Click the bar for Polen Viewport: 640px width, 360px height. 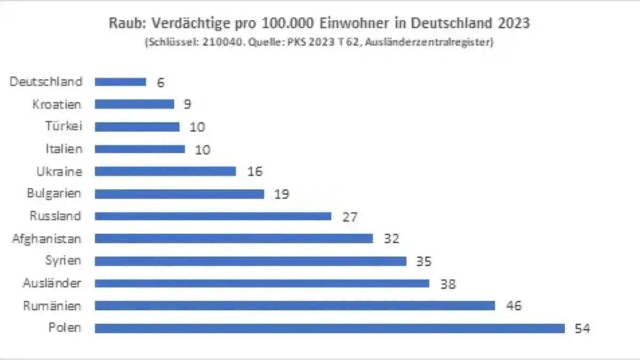(x=330, y=328)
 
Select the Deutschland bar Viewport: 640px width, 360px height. (x=121, y=82)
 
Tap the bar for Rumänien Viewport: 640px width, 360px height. (x=295, y=306)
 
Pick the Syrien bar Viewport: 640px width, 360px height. (x=251, y=261)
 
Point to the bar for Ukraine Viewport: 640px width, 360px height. (x=165, y=171)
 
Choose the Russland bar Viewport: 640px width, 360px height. (x=213, y=216)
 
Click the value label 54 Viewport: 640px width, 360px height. (x=583, y=329)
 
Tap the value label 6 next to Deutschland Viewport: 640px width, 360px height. (x=161, y=82)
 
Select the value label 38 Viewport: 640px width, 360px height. (x=449, y=284)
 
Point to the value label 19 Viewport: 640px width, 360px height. (x=282, y=194)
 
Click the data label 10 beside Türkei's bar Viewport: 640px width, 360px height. (x=197, y=127)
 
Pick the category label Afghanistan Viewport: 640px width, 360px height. (x=47, y=238)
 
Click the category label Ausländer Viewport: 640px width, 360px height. (x=52, y=283)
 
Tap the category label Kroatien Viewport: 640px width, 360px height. (x=57, y=104)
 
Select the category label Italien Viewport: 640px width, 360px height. (x=63, y=149)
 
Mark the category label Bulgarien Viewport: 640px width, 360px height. (x=54, y=194)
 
